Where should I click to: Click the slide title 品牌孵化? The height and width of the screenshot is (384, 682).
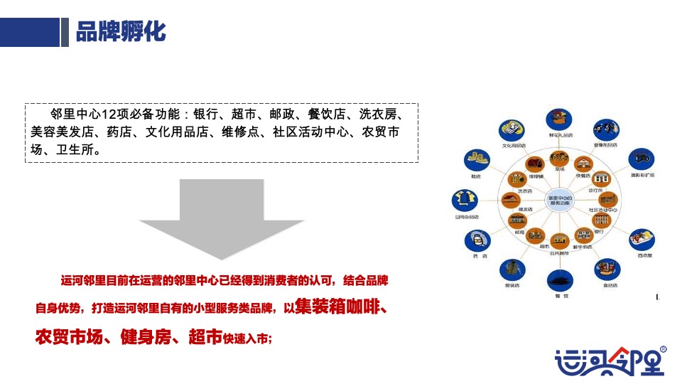point(121,32)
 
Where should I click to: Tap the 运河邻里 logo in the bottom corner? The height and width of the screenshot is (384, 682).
point(611,361)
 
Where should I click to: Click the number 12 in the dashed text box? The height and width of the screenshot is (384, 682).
point(110,114)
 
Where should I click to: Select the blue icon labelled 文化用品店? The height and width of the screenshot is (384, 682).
point(512,130)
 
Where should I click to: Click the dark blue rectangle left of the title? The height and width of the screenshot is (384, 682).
point(30,31)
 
